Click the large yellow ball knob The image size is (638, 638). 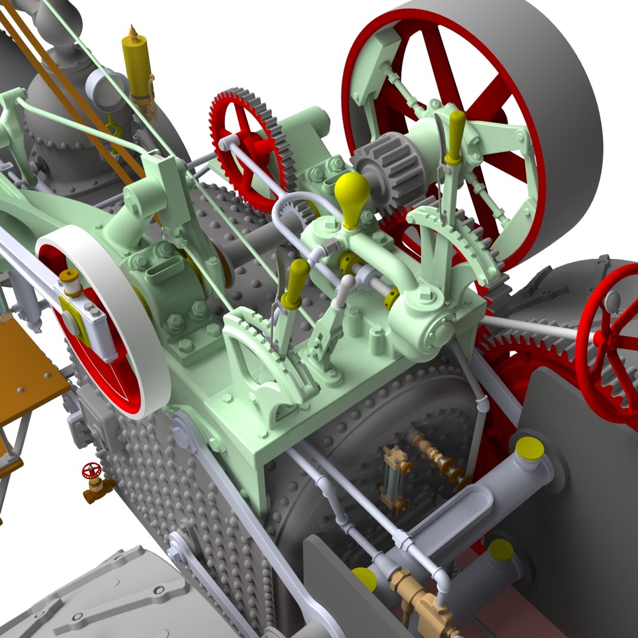click(351, 193)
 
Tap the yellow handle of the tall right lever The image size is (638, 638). click(455, 135)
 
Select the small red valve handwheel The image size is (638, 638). click(91, 470)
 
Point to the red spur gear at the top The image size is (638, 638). click(248, 148)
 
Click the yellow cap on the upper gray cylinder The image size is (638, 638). click(529, 450)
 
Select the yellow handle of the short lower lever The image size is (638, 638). click(295, 283)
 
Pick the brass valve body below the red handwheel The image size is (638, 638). click(97, 489)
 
